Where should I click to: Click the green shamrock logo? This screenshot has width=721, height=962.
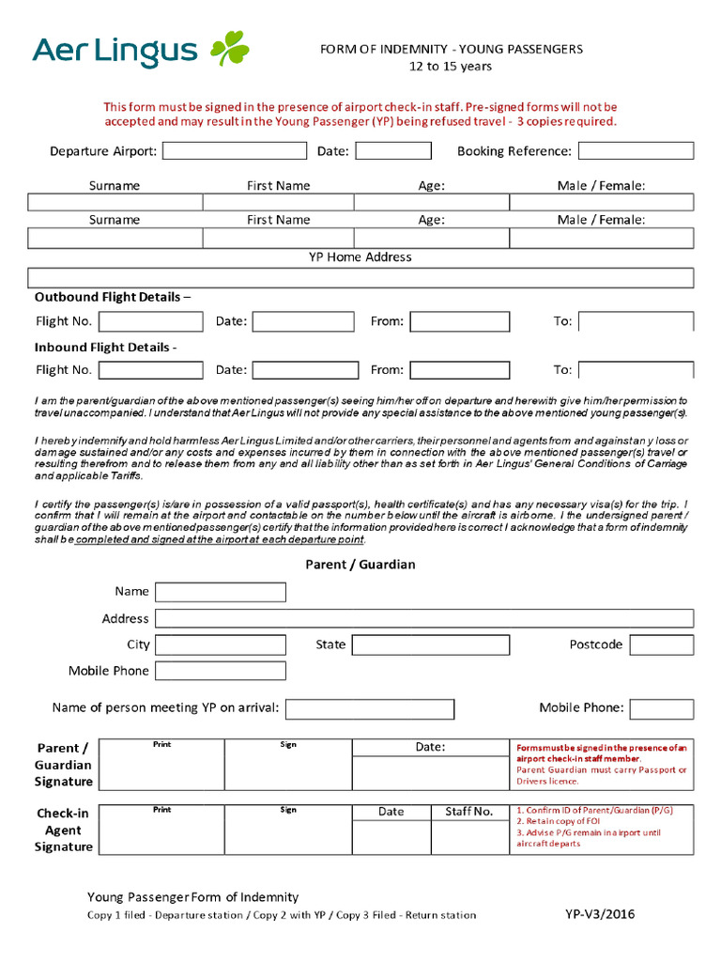coord(229,49)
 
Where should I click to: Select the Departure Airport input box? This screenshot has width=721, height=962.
coord(235,151)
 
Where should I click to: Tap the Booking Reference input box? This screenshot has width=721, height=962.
coord(636,151)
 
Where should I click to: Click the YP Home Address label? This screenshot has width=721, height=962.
coord(360,256)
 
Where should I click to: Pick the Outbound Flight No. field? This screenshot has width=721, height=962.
coord(150,321)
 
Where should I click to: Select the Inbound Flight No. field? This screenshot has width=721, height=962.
coord(150,370)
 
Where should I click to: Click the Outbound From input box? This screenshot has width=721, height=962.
coord(460,321)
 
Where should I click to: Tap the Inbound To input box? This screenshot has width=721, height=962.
coord(637,370)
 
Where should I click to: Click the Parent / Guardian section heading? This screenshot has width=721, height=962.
coord(360,565)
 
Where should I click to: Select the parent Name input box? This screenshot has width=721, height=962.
coord(221,592)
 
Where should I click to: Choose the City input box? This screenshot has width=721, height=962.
coord(221,645)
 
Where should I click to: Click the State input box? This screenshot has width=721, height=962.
coord(431,645)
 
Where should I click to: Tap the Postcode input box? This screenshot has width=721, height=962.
coord(662,645)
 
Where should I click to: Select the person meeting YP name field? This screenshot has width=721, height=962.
coord(370,708)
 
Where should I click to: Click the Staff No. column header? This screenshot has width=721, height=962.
coord(469,812)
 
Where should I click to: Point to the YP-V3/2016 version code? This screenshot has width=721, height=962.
coord(599,914)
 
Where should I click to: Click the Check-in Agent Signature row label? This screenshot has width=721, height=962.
coord(64,830)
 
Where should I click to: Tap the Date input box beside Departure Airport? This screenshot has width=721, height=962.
coord(393,151)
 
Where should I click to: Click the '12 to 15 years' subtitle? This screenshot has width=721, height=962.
coord(451,66)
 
